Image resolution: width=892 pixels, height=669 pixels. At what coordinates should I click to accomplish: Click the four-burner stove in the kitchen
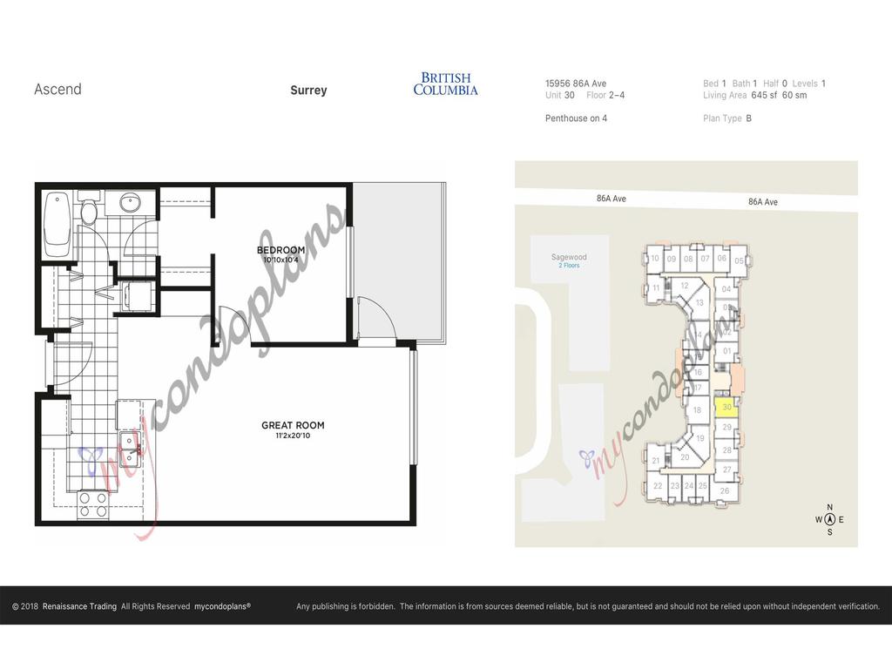(93, 504)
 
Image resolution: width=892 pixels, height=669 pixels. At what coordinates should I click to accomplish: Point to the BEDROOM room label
(280, 251)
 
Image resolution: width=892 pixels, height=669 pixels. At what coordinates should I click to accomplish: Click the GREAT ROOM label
(293, 426)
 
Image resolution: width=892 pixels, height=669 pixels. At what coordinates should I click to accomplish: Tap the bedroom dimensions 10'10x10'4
(280, 260)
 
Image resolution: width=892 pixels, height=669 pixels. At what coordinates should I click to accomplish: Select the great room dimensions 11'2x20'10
(293, 436)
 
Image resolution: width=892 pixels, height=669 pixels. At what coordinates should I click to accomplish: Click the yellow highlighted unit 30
(726, 407)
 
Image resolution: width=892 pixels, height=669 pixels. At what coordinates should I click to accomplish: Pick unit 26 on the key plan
(725, 491)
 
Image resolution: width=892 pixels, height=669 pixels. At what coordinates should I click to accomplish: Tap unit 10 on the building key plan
(654, 259)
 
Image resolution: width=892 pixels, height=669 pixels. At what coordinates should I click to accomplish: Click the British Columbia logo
(445, 84)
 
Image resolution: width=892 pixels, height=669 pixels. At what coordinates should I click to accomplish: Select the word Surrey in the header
(308, 90)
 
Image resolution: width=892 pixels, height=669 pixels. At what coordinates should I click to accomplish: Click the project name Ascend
(57, 89)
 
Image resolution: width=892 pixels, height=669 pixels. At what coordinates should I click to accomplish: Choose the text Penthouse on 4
(576, 118)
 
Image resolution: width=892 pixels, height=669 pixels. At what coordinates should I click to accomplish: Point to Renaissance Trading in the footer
(79, 606)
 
